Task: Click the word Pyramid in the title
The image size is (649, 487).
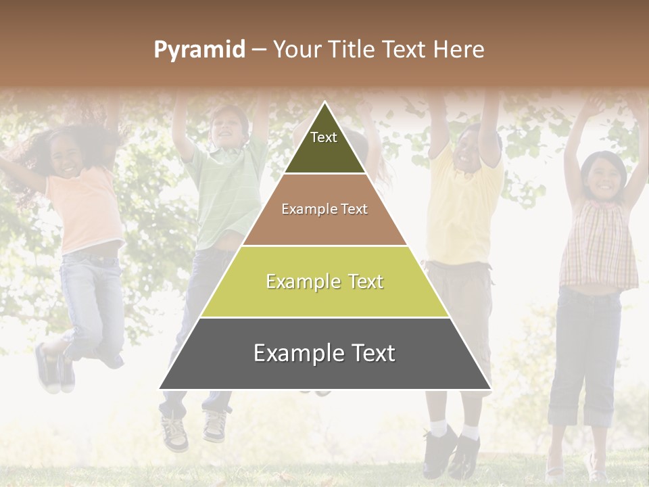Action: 199,50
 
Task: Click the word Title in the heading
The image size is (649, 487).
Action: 351,50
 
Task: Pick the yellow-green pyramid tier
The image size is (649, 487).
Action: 324,282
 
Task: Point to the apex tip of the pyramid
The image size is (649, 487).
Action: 324,103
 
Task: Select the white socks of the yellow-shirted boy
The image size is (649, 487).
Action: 453,429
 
